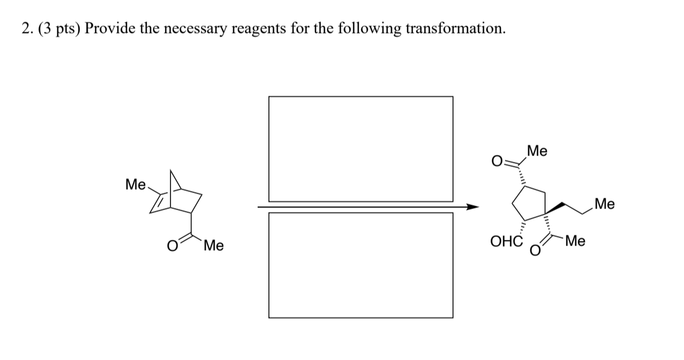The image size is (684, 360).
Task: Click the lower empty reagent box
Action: pos(361,265)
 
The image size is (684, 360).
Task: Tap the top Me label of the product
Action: pos(538,152)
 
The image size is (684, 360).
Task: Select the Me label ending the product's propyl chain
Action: pos(604,203)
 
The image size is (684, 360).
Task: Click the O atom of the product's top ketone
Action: pos(497,162)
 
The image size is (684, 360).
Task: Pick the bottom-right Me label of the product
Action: pos(575,241)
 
